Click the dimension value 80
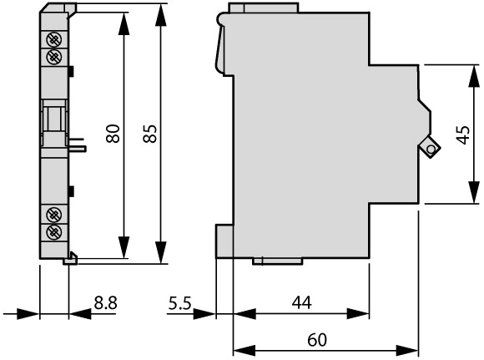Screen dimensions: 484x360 pos(113,134)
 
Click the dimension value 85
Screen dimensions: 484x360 pos(150,134)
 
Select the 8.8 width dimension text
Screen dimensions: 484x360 pos(106,302)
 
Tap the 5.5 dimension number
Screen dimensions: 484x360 pos(180,302)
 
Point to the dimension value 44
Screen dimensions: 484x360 pos(301,302)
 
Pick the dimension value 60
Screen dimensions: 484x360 pos(317,340)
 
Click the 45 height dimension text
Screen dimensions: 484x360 pos(463,134)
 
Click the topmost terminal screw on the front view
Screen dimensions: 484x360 pos(53,39)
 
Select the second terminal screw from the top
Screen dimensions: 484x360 pos(53,57)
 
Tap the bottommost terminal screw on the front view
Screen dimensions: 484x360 pos(53,231)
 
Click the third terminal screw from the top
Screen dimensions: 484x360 pos(53,214)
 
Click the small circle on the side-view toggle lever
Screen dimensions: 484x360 pos(431,150)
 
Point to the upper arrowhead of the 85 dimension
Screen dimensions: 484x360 pos(161,14)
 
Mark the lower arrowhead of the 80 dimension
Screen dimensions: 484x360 pos(124,247)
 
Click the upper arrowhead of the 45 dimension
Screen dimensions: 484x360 pos(474,76)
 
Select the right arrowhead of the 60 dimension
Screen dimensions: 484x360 pos(407,351)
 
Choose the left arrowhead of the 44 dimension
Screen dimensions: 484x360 pos(245,314)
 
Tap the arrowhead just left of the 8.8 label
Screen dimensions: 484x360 pos(80,314)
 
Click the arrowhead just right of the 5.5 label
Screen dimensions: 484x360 pos(204,314)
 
